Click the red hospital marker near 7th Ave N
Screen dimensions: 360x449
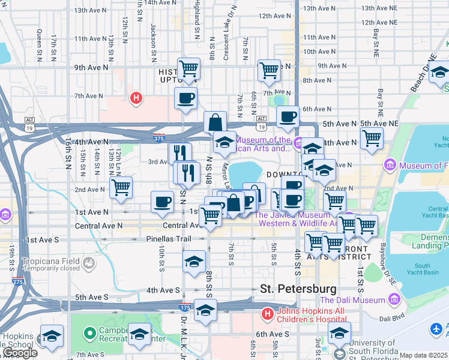coord(136,97)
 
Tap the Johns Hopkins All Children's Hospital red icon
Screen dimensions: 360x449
coord(267,314)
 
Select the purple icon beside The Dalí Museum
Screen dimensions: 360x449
coord(394,299)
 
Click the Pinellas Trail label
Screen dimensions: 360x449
coord(168,239)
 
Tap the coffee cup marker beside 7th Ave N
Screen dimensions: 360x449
coord(185,98)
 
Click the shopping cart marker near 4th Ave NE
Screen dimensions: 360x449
coord(372,137)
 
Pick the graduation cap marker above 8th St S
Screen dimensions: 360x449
coord(194,262)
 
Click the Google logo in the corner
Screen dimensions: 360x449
coord(19,353)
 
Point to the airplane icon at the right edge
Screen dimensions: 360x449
coord(436,329)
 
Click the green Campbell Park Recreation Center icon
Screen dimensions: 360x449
coord(89,332)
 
